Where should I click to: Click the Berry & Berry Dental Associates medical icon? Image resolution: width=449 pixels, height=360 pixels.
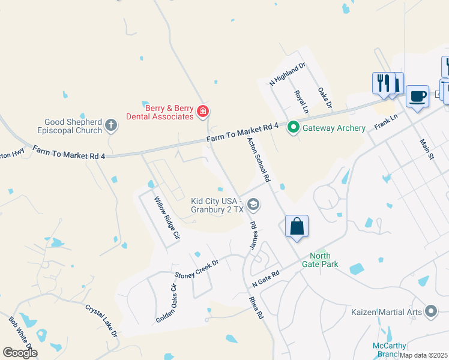203,112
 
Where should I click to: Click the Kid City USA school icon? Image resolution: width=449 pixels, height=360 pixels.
253,205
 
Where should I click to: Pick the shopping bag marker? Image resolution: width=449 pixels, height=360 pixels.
297,227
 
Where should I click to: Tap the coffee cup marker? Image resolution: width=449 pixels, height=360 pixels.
417,96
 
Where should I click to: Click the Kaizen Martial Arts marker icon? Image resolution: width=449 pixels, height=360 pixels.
430,311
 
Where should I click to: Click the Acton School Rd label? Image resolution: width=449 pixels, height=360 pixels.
259,160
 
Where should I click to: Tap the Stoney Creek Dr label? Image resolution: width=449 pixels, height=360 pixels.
196,268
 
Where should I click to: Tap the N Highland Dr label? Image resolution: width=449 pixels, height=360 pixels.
288,74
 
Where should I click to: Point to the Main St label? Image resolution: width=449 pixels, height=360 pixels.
427,149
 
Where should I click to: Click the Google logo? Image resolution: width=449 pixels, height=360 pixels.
20,353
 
